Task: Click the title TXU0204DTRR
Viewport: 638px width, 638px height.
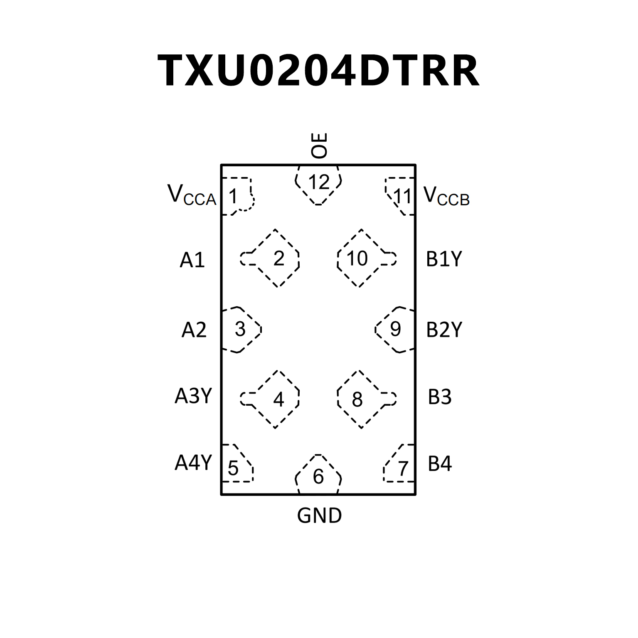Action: (319, 71)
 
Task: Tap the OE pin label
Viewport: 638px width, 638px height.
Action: (319, 145)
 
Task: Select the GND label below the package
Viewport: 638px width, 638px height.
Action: (319, 516)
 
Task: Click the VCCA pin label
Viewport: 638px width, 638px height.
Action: (192, 195)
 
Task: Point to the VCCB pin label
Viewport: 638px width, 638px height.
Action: (446, 195)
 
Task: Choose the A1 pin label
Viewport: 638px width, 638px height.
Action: (192, 260)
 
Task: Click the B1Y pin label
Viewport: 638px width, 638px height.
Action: (444, 259)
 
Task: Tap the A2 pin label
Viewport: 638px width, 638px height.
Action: (194, 330)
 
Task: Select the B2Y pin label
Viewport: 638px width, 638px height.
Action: (444, 330)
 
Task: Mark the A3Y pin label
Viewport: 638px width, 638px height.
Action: (193, 396)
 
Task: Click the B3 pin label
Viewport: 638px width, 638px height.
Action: (439, 397)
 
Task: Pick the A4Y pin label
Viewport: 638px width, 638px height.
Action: (193, 462)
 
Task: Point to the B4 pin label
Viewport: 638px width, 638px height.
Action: (440, 464)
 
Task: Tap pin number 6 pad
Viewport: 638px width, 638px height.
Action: (318, 476)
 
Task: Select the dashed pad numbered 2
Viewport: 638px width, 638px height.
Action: (278, 259)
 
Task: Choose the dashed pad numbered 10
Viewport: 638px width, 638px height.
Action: (358, 259)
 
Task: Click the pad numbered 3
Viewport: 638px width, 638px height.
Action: (240, 330)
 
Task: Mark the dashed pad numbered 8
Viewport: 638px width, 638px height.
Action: (358, 399)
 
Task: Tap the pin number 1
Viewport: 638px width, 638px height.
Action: (234, 196)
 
